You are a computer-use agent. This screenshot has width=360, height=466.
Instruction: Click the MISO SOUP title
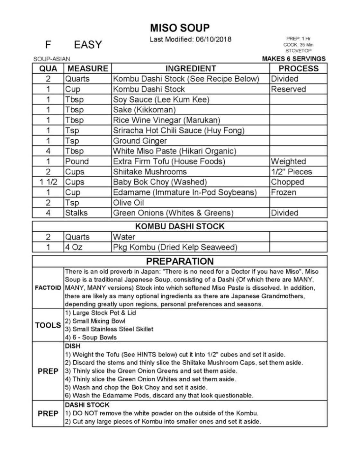180,28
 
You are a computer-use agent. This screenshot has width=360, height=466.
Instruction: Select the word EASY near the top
88,45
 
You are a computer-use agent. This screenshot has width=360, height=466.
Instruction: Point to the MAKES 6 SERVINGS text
293,59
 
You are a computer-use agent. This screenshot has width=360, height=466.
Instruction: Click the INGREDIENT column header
191,68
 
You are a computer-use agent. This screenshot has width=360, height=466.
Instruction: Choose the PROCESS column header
298,68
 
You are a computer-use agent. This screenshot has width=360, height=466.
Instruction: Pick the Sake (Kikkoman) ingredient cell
144,110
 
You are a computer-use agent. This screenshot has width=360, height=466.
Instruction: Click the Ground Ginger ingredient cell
140,141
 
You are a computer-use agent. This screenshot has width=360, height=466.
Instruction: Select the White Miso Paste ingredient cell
175,151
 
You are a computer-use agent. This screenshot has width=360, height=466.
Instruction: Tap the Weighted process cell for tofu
288,161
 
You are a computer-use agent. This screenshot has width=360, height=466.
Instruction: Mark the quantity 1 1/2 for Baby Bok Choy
48,182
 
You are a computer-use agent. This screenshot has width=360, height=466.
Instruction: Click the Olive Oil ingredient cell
128,203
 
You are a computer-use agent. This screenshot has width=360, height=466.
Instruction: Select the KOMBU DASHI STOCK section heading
180,226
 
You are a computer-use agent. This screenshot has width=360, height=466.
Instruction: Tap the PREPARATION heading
180,261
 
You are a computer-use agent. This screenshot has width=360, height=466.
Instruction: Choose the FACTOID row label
48,288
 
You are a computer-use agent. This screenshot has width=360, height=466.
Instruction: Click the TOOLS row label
48,325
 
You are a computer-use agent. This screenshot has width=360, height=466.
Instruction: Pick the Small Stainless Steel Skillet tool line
109,329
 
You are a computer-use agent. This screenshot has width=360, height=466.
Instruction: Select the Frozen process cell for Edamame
283,192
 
